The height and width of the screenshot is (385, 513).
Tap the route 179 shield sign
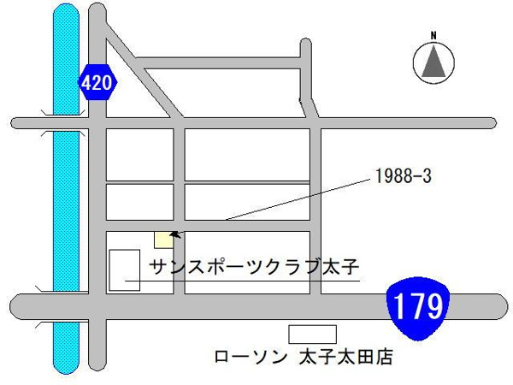(x=417, y=305)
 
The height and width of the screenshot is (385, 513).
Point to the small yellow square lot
(x=162, y=240)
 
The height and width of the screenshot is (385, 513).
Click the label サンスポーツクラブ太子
(x=252, y=266)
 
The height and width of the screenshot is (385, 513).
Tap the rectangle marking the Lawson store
(x=312, y=333)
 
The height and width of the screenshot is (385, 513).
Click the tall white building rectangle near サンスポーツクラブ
(x=125, y=270)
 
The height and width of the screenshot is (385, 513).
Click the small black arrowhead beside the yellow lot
(x=174, y=232)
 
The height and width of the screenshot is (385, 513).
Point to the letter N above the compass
(x=433, y=35)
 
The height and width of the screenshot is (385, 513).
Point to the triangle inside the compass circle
(x=433, y=62)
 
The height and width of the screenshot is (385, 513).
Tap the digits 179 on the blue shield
(x=417, y=304)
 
